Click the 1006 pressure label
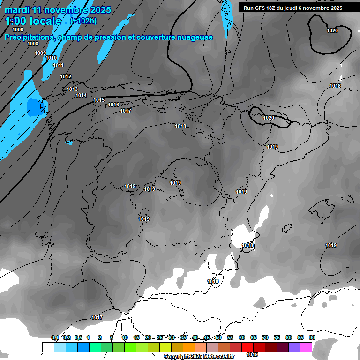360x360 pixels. (18, 30)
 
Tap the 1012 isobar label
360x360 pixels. (66, 76)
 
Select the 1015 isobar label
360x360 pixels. (99, 100)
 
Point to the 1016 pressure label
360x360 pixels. (113, 105)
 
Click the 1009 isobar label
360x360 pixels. (40, 53)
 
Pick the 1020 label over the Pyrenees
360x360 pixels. (269, 118)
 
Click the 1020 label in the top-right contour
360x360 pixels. (332, 30)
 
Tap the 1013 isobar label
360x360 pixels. (72, 89)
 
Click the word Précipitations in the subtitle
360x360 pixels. (29, 37)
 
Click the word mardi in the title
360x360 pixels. (17, 10)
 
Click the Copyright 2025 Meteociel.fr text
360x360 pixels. (199, 356)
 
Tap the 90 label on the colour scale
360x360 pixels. (312, 337)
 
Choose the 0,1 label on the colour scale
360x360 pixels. (55, 337)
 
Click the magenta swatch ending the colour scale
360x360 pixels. (306, 347)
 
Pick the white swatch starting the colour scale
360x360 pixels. (48, 347)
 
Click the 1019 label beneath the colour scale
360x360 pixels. (252, 354)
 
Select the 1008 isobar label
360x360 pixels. (33, 44)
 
